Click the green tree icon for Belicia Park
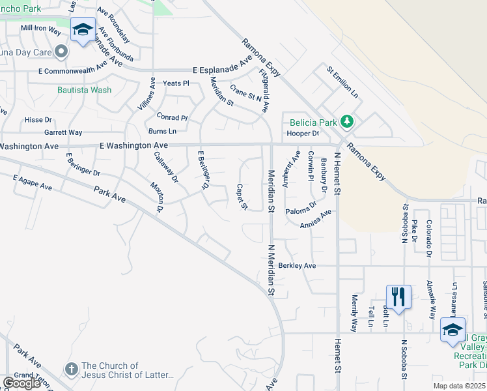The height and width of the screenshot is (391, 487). coord(348,122)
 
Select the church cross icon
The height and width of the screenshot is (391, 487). coord(72,368)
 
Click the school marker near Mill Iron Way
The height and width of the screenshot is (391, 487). coord(83,30)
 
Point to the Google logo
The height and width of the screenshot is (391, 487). coord(22,383)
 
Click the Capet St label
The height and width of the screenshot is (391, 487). coord(242,197)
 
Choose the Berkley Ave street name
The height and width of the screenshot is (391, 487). coord(297,266)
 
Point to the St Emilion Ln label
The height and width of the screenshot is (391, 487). coord(342,81)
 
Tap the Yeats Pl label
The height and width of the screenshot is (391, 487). coord(176,83)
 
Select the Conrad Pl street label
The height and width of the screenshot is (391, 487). coord(172,118)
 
